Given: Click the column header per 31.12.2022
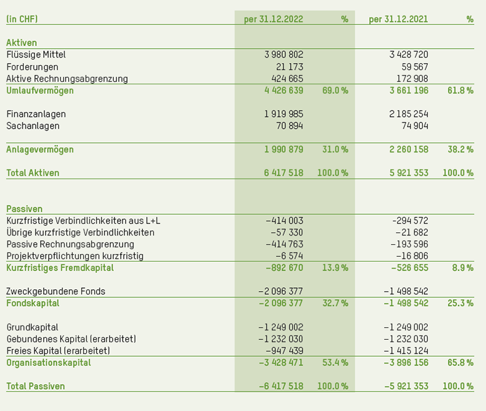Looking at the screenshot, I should (x=273, y=19).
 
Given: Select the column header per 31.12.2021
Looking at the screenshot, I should (x=398, y=19).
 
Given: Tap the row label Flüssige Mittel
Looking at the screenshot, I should (x=36, y=55).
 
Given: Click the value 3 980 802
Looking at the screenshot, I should (x=284, y=55).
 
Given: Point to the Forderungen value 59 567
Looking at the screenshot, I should (x=415, y=67).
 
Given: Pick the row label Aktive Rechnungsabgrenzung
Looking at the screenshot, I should (x=67, y=79).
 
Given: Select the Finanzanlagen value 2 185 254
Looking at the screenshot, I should (x=408, y=114).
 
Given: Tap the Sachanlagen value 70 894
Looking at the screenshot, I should (x=289, y=126).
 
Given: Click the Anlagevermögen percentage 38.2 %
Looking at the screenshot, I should (x=460, y=149).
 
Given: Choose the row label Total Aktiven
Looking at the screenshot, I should (x=33, y=173).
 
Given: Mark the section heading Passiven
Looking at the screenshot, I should (x=24, y=209).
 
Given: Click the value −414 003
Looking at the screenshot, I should (x=284, y=220).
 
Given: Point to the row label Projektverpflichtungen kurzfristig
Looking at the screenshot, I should (x=75, y=256).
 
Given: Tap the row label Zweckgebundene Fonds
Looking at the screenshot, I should (x=56, y=291).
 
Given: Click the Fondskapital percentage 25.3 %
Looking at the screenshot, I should (x=460, y=303).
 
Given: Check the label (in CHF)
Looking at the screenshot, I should (x=22, y=19).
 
